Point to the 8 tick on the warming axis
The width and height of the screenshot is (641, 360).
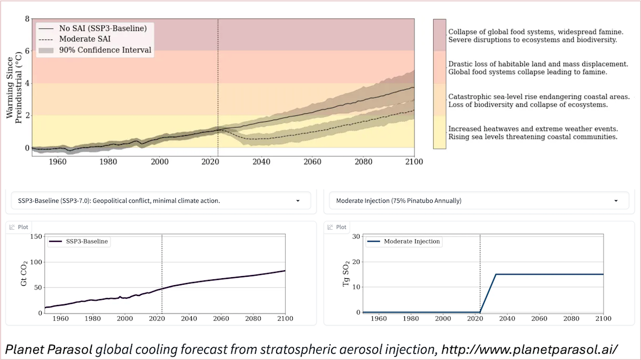pyautogui.click(x=27, y=19)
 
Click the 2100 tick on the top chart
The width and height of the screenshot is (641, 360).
pyautogui.click(x=413, y=161)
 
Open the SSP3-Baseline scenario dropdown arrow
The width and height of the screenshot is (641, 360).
pyautogui.click(x=298, y=201)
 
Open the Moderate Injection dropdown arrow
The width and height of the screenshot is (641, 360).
pyautogui.click(x=616, y=201)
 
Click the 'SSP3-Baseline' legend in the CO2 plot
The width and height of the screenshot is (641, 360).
pyautogui.click(x=84, y=241)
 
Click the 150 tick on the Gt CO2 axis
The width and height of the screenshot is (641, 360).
pyautogui.click(x=35, y=237)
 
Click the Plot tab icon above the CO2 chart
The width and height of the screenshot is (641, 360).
pyautogui.click(x=12, y=227)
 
